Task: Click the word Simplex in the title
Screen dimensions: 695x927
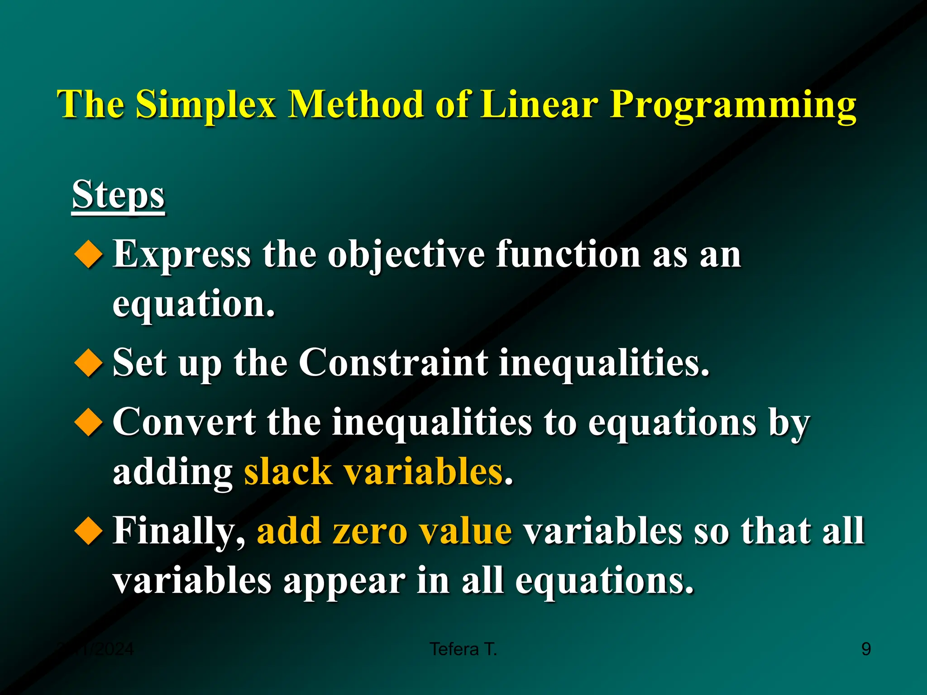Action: coord(206,105)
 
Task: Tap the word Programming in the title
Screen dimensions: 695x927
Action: coord(733,105)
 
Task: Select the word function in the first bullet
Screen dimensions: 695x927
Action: coord(568,254)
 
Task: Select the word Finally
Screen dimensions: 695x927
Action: coord(179,531)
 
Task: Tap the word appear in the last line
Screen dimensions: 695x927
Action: coord(344,581)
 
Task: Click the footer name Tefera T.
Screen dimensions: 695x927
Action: coord(463,649)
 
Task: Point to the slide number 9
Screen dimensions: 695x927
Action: coord(865,649)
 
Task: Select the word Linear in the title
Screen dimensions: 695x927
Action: coord(539,105)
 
